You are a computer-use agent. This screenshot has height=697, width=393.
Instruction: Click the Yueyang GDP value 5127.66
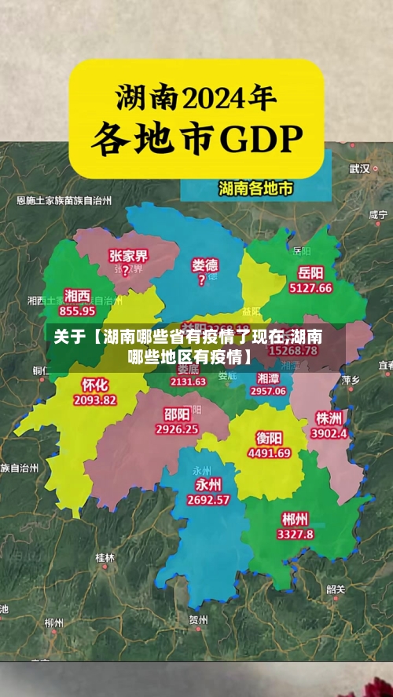click(310, 288)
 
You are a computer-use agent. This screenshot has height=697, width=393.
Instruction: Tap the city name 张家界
click(128, 256)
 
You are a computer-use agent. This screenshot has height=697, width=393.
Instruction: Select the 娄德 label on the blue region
click(205, 265)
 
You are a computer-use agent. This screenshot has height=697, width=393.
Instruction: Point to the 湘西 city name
click(77, 295)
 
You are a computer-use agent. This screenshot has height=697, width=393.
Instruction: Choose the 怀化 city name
click(95, 385)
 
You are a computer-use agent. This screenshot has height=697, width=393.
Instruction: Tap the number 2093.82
click(95, 400)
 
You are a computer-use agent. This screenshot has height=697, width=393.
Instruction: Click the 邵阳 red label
click(177, 414)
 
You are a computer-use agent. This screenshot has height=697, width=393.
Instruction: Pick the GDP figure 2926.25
click(177, 429)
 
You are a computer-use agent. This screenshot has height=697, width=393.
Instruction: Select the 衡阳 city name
click(270, 438)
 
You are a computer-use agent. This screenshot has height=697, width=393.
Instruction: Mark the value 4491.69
click(270, 453)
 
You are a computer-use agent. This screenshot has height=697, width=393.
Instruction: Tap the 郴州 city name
click(295, 519)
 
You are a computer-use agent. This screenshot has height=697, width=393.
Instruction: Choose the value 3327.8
click(295, 534)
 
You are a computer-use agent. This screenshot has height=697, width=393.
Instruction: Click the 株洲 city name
click(329, 417)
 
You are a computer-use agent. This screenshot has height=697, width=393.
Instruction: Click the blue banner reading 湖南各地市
click(256, 188)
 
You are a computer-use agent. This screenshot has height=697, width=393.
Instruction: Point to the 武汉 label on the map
click(360, 168)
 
